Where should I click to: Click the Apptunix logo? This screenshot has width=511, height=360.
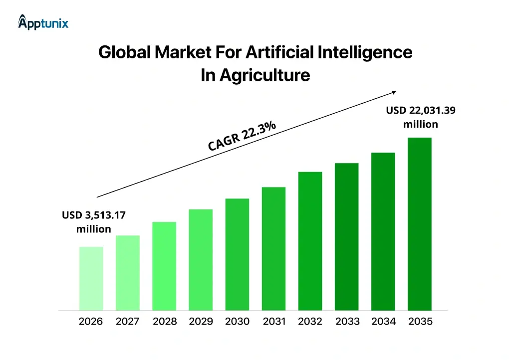(43, 22)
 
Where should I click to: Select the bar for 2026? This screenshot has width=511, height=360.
(91, 278)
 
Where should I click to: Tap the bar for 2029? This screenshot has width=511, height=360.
(201, 259)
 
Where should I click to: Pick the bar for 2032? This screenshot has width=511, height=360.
(310, 241)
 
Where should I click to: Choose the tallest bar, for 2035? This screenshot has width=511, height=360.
(419, 223)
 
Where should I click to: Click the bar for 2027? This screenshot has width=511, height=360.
(128, 272)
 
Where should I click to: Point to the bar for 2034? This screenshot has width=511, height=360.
(383, 231)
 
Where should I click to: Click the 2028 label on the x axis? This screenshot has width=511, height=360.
(165, 322)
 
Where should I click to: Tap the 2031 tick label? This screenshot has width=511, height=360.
(274, 322)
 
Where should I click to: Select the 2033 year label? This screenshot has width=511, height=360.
(347, 322)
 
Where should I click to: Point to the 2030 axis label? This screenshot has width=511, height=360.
(237, 322)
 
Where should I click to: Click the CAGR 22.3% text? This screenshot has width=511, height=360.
(242, 135)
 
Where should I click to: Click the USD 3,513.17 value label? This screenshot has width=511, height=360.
(94, 215)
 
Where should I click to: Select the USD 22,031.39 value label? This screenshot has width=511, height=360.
(420, 111)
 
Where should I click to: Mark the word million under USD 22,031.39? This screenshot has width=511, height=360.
(420, 124)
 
